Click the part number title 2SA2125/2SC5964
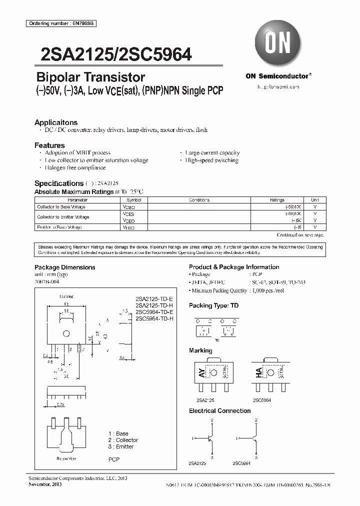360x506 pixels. point(112,53)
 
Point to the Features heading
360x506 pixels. point(49,145)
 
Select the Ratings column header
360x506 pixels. point(277,199)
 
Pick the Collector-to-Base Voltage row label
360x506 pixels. point(61,206)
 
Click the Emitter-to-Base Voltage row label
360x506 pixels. point(59,227)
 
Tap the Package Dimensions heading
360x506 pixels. point(64,267)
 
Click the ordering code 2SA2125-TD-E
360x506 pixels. point(154,299)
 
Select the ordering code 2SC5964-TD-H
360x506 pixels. point(154,318)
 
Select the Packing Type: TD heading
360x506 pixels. point(213,305)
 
